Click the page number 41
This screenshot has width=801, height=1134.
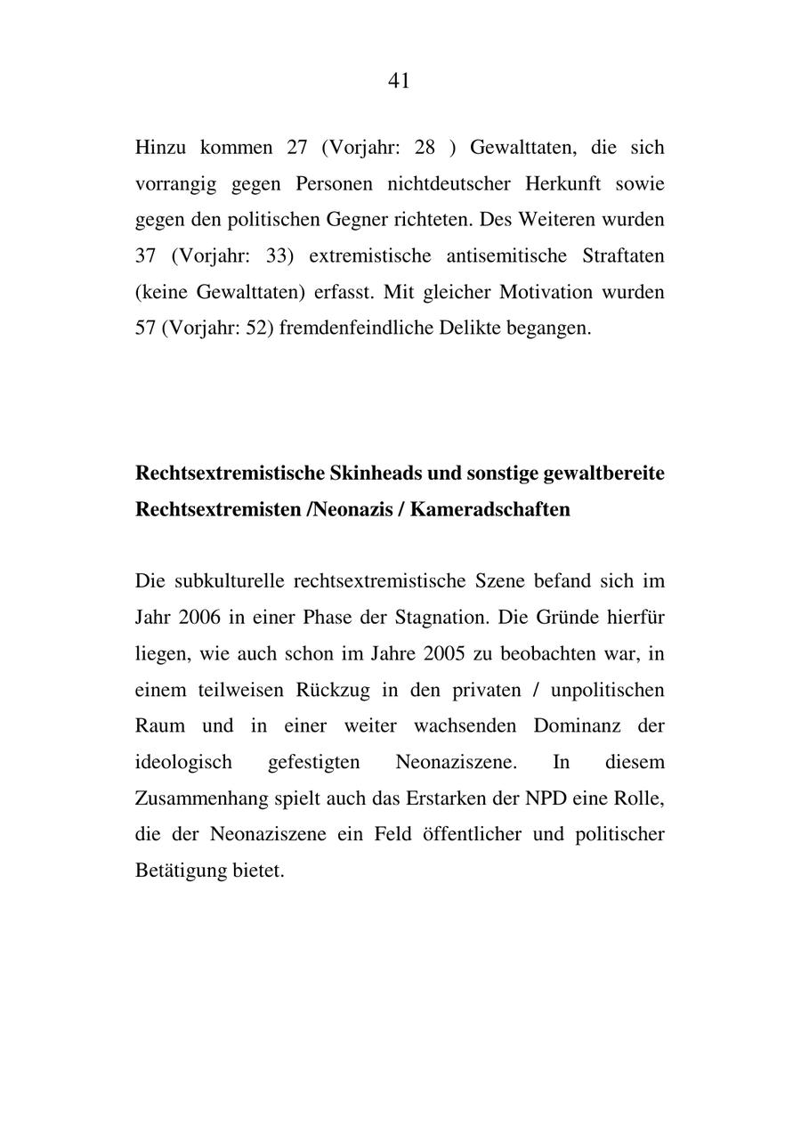pyautogui.click(x=399, y=81)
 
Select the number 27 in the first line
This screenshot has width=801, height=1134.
pyautogui.click(x=297, y=148)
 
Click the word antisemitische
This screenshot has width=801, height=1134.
pyautogui.click(x=506, y=256)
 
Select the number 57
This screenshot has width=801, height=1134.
pyautogui.click(x=146, y=328)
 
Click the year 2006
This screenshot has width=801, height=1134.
pyautogui.click(x=197, y=618)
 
